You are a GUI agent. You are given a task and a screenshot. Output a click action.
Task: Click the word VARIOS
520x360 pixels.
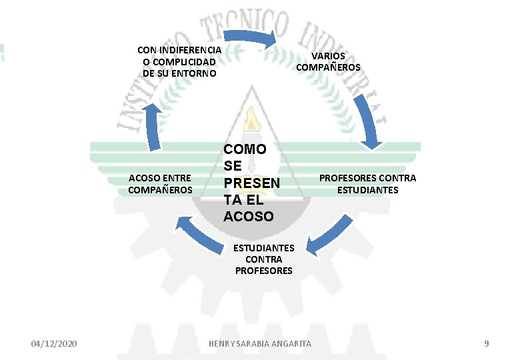click(328, 56)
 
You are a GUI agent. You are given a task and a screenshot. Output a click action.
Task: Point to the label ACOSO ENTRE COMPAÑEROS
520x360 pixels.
click(160, 184)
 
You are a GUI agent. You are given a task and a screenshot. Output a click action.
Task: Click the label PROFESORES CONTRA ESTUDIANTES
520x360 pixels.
click(367, 184)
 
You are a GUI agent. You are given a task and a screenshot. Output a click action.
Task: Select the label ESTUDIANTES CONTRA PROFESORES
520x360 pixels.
click(264, 259)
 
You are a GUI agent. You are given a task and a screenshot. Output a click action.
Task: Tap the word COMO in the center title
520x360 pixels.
click(245, 149)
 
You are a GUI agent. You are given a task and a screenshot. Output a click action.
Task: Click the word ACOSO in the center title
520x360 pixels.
click(248, 217)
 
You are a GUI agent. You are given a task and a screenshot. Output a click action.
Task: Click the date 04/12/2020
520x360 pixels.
click(54, 343)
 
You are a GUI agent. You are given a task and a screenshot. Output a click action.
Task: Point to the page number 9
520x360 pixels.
click(486, 343)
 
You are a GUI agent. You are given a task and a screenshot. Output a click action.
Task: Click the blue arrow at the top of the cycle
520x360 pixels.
click(250, 37)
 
